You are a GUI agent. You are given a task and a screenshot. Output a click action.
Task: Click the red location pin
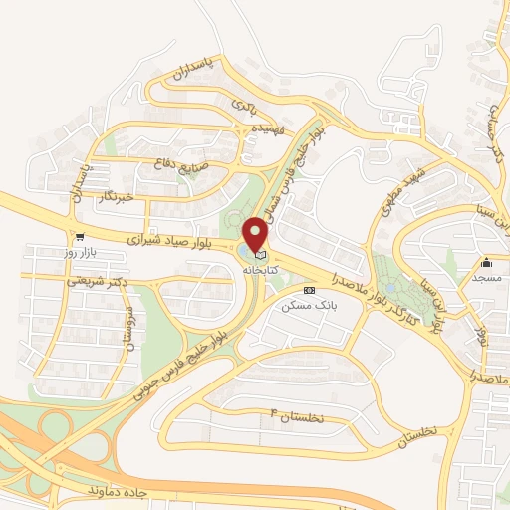point(257,235)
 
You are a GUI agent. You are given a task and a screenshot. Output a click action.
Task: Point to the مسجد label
point(486,278)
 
